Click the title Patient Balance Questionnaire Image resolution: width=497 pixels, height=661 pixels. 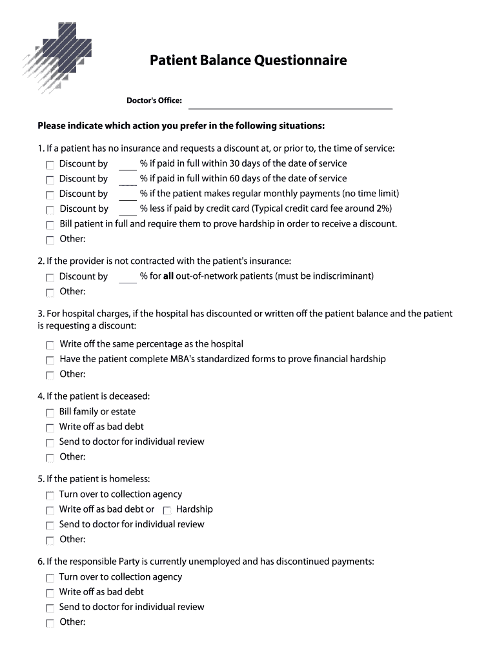click(248, 61)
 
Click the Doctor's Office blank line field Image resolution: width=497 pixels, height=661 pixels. click(290, 103)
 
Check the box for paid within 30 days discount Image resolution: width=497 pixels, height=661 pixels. click(50, 165)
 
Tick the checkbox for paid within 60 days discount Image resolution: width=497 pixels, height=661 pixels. click(50, 179)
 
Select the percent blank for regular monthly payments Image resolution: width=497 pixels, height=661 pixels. click(128, 194)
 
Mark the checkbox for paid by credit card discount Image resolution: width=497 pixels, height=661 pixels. click(50, 210)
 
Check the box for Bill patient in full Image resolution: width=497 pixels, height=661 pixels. click(50, 225)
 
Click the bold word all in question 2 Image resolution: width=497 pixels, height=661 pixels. click(168, 276)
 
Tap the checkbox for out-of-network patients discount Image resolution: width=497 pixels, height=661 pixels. click(50, 278)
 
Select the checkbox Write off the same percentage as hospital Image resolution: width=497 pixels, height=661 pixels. click(50, 345)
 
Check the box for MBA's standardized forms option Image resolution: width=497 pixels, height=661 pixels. click(50, 360)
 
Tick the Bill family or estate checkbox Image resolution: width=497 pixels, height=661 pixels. click(50, 412)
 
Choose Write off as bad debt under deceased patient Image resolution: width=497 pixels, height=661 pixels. click(50, 428)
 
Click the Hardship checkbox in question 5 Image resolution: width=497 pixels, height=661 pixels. click(167, 511)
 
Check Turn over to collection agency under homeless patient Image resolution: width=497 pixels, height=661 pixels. click(50, 496)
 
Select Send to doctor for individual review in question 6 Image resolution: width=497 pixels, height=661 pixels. click(50, 608)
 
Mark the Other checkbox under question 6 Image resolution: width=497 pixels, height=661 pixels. click(50, 624)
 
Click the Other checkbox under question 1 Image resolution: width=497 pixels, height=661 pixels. click(50, 240)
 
